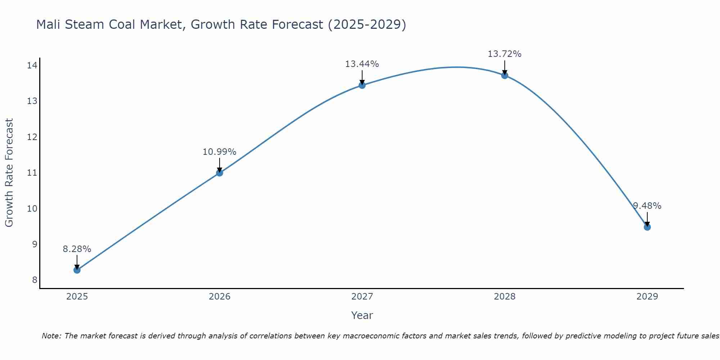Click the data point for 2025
tap(77, 270)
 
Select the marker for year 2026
tap(220, 173)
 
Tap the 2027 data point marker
tap(362, 85)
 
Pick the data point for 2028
tap(505, 75)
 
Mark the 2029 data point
tap(647, 227)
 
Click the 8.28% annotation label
tap(77, 249)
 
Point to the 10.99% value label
tap(220, 152)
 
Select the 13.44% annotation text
tap(362, 64)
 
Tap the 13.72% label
tap(505, 54)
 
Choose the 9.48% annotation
tap(647, 206)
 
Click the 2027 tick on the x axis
tap(362, 297)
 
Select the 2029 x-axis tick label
tap(647, 297)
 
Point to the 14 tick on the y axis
tap(32, 66)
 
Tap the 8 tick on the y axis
tap(35, 280)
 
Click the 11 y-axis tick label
tap(32, 173)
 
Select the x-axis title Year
tap(362, 315)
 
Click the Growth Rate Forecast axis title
tap(9, 173)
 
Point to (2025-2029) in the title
tap(367, 24)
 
